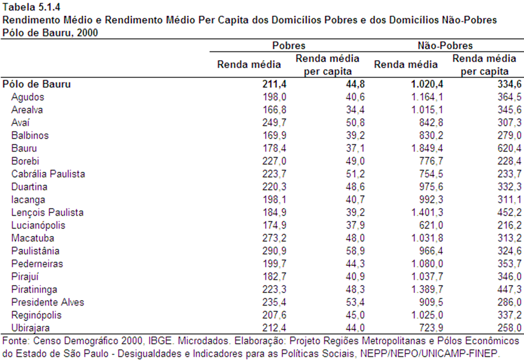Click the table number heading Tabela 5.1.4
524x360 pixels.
point(27,7)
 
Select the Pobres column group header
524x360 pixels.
point(289,46)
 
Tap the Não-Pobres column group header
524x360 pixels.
point(445,46)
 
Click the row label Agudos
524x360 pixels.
point(28,97)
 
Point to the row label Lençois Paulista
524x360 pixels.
point(48,212)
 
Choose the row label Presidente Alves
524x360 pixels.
point(48,302)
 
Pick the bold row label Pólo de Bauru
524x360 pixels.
point(37,84)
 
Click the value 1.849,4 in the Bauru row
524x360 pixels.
point(427,149)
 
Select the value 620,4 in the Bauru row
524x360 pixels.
point(509,149)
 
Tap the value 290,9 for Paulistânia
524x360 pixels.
point(274,251)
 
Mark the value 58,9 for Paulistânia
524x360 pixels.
point(355,251)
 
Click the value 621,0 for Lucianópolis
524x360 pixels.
point(431,226)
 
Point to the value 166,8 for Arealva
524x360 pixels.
point(274,110)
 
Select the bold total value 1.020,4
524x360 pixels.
point(427,84)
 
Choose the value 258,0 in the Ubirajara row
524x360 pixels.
point(509,328)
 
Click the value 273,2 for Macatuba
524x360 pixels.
point(274,238)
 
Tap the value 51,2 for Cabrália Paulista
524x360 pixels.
point(355,174)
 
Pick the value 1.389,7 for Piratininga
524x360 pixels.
point(427,289)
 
